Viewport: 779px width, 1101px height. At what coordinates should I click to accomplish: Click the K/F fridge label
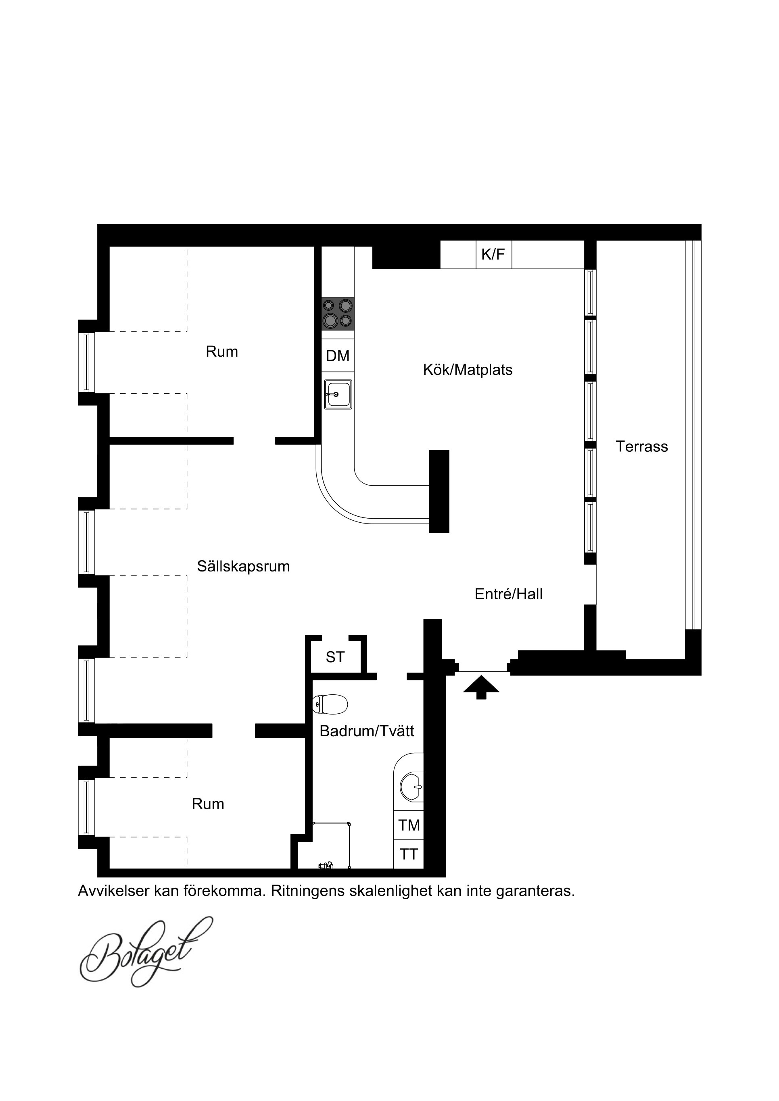click(x=493, y=254)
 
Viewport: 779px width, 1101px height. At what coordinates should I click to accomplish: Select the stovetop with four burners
click(x=338, y=314)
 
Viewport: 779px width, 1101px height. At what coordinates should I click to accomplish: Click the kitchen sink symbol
click(x=338, y=394)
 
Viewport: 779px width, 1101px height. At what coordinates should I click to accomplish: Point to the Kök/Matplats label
click(x=468, y=370)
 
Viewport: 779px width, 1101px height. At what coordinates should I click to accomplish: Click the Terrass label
click(x=642, y=447)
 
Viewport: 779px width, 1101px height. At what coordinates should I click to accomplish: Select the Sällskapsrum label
click(x=243, y=566)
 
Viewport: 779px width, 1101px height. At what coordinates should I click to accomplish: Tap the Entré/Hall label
click(x=508, y=594)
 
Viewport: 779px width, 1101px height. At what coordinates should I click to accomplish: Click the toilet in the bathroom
click(x=330, y=704)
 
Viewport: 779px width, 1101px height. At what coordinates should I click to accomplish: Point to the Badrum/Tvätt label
click(x=367, y=731)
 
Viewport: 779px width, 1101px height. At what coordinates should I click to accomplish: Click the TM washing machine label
click(x=409, y=825)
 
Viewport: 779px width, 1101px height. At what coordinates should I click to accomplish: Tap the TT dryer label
click(x=409, y=854)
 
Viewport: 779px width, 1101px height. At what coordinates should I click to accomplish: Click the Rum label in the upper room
click(x=222, y=351)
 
